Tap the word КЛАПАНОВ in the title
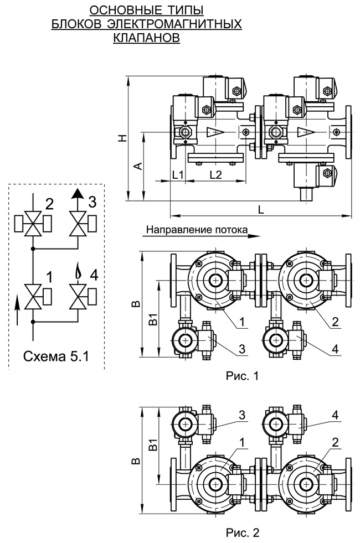click(x=147, y=38)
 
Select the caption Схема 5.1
click(x=56, y=356)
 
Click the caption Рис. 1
click(x=242, y=376)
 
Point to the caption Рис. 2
click(x=242, y=532)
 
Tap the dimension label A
click(x=138, y=166)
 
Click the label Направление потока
click(x=197, y=229)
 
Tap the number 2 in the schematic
click(x=50, y=204)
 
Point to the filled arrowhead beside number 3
click(x=78, y=193)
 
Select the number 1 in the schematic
click(x=49, y=277)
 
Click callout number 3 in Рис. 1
click(x=242, y=349)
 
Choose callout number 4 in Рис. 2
click(x=335, y=415)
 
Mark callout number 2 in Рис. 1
click(x=335, y=322)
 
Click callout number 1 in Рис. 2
click(x=242, y=443)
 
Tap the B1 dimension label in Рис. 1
click(x=153, y=319)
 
